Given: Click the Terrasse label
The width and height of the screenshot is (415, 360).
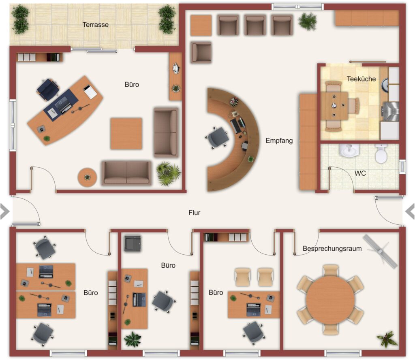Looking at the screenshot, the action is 96,25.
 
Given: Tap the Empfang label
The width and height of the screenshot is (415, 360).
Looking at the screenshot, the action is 279,141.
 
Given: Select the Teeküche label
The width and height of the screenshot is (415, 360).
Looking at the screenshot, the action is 361,79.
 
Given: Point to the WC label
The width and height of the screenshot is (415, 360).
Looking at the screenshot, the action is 360,173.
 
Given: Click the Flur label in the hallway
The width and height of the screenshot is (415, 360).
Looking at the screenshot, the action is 194,213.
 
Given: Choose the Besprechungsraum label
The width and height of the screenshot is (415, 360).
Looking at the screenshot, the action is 332,249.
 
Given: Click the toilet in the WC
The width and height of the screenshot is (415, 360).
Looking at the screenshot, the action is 381,153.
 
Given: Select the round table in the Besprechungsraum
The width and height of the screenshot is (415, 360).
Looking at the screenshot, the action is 330,300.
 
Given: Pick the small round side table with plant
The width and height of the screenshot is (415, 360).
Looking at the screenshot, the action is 87,177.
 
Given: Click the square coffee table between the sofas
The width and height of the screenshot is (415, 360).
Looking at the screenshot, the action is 126,134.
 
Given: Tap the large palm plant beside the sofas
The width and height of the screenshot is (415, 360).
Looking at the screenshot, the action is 168,173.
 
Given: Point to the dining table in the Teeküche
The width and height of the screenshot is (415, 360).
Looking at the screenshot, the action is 334,106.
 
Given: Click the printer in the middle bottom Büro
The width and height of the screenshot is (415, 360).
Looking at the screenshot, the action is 133,243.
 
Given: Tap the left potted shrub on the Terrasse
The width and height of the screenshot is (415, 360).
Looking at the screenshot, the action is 20,19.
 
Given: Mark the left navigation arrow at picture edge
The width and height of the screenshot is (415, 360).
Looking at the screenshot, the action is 4,212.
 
